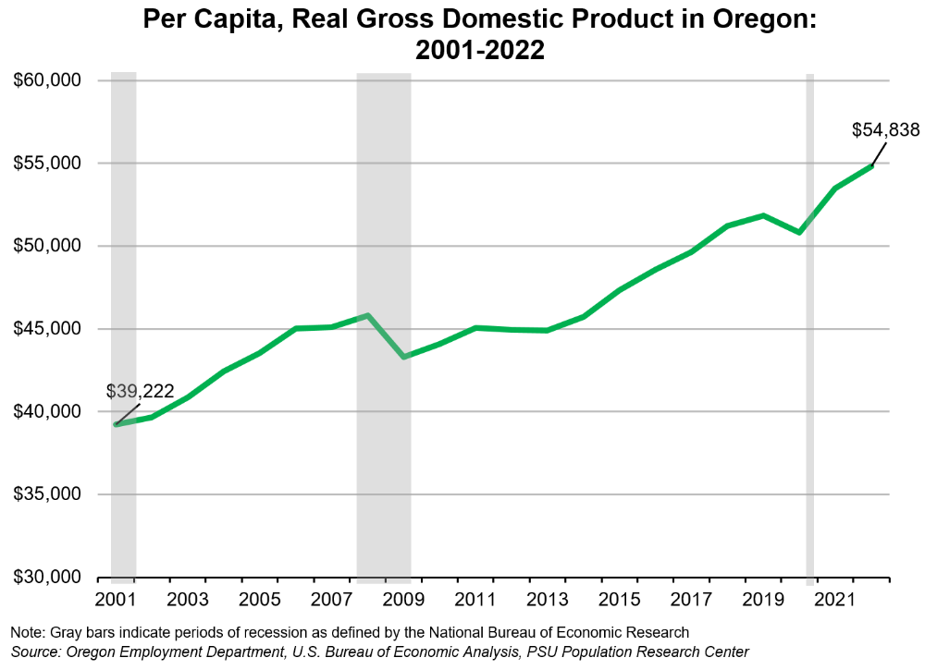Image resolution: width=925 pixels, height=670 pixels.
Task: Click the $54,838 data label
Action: tap(885, 130)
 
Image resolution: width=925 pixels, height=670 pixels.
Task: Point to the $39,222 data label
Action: tap(140, 391)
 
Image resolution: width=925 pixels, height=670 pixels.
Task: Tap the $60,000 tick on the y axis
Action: tap(48, 80)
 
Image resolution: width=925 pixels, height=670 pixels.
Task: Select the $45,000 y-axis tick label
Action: tap(48, 329)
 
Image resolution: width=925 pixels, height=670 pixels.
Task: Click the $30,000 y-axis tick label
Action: tap(48, 577)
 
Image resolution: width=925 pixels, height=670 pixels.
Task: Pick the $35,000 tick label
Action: tap(48, 494)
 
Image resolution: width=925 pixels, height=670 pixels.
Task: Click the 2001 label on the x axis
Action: tap(115, 599)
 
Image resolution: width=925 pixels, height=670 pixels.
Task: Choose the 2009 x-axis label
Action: tap(403, 599)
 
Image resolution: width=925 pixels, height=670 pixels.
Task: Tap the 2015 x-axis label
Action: tap(619, 599)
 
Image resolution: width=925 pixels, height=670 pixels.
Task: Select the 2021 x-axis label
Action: tap(835, 599)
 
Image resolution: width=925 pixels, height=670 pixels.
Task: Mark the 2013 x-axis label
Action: tap(547, 599)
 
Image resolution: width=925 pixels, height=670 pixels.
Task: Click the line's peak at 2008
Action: tap(367, 315)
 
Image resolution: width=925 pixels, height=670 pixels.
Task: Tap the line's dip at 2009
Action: tap(403, 357)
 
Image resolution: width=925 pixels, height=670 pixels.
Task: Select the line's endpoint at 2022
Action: tap(871, 165)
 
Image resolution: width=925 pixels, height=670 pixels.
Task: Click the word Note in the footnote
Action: tap(27, 632)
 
